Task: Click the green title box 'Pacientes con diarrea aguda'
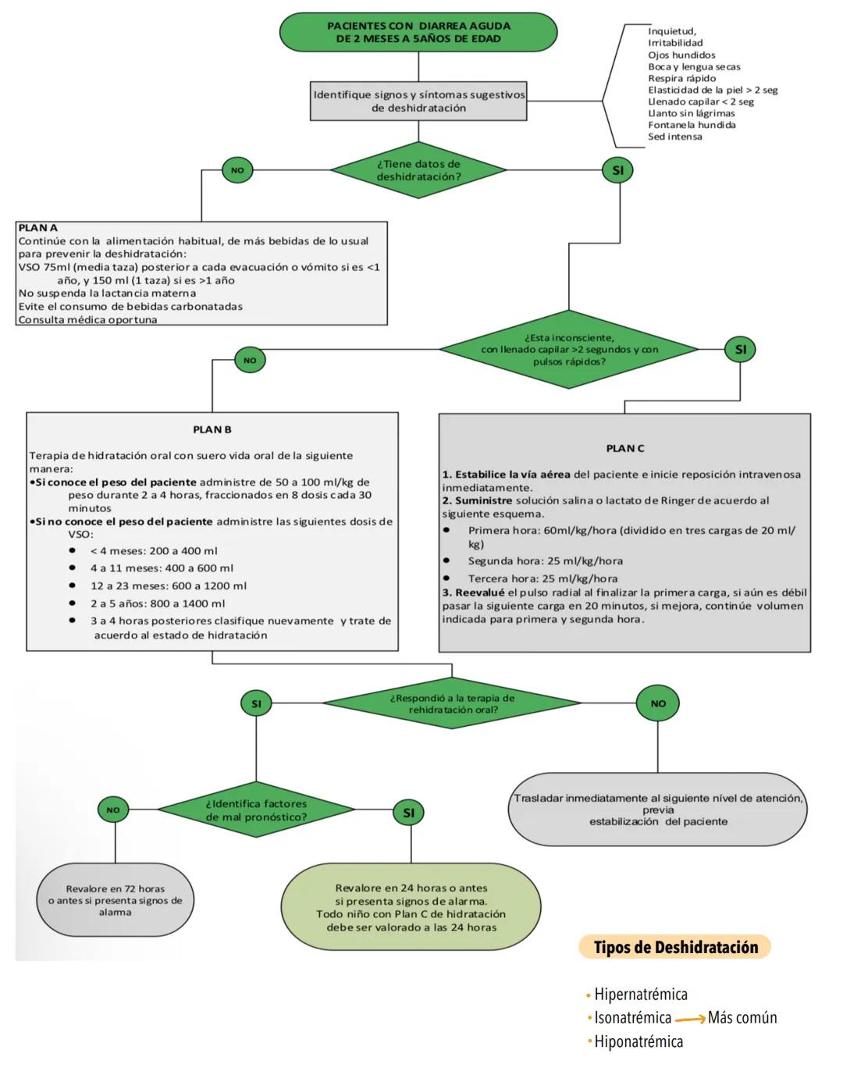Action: coord(418,32)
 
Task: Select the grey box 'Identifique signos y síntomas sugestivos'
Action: coord(418,101)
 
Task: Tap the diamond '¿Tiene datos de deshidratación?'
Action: coord(418,170)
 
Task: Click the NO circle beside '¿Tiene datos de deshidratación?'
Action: coord(237,170)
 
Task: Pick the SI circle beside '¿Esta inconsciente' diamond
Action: coord(740,350)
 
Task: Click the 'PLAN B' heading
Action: coord(212,429)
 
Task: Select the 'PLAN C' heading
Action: coord(625,448)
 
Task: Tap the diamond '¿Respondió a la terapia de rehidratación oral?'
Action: coord(452,704)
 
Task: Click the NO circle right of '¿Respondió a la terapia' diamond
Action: coord(658,703)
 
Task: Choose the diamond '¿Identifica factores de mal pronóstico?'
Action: coord(256,810)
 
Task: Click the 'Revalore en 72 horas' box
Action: coord(115,900)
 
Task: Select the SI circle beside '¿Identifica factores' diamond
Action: coord(408,813)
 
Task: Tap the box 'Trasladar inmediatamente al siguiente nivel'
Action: coord(657,810)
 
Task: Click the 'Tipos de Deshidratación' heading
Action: coord(675,948)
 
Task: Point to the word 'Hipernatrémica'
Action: coord(641,995)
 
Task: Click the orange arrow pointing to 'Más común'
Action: coord(690,1020)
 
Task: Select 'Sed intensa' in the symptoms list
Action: coord(674,137)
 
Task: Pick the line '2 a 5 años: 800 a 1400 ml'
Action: coord(157,603)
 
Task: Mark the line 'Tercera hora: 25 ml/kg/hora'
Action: coord(542,578)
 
